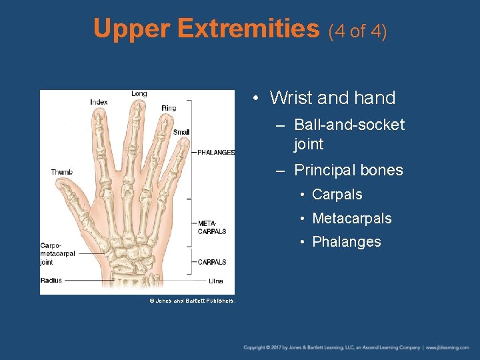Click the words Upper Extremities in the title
pos(207,29)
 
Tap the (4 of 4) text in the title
pos(357,31)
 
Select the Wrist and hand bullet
pos(332,98)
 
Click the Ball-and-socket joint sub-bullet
pos(349,134)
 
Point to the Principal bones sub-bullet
pos(348,170)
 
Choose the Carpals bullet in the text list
pos(337,195)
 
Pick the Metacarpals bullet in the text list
pos(351,218)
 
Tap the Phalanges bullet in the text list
pos(346,241)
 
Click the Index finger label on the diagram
pos(99,102)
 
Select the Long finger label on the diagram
pos(139,93)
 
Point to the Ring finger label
pos(169,108)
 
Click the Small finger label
pos(181,132)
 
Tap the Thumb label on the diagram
pos(61,172)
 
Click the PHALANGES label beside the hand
pos(216,152)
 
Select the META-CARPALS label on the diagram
pos(212,227)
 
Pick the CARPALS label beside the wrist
pos(212,262)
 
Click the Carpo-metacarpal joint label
pos(57,253)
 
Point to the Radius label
pos(51,280)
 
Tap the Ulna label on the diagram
pos(215,281)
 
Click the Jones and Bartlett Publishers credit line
pos(192,301)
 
